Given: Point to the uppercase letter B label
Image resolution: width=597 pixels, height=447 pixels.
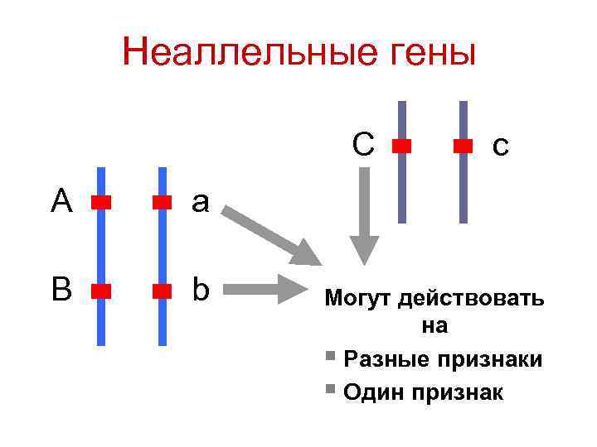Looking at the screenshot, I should click(x=61, y=291).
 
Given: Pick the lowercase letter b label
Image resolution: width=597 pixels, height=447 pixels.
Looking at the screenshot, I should click(x=201, y=290).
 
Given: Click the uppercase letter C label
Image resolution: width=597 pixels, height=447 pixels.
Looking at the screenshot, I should click(x=362, y=144).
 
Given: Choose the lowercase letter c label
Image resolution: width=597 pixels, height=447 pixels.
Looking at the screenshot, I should click(x=499, y=147).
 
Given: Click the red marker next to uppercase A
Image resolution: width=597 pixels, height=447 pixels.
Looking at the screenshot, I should click(x=101, y=202).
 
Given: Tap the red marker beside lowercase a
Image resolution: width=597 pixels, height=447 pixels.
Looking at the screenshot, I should click(x=162, y=202).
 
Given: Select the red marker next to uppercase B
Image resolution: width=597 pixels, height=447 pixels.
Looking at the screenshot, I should click(x=101, y=291).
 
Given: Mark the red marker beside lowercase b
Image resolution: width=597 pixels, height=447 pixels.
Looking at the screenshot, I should click(x=162, y=291).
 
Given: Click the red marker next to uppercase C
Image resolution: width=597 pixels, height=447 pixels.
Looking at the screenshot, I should click(x=402, y=146).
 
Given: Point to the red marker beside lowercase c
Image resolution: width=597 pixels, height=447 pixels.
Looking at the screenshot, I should click(x=464, y=146).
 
